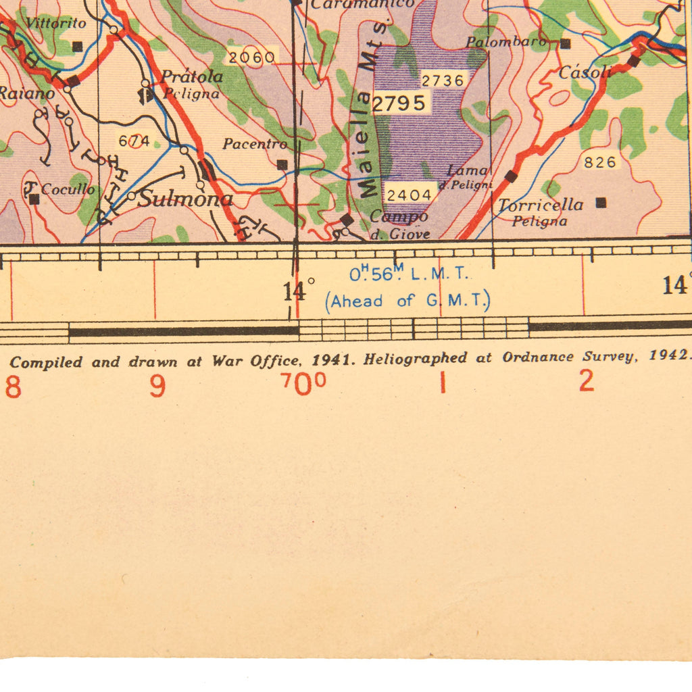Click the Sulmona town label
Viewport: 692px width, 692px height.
[x=186, y=199]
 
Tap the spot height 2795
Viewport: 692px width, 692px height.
[x=399, y=103]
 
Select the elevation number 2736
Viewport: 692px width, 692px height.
[x=443, y=80]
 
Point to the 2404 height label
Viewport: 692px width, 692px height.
[x=408, y=195]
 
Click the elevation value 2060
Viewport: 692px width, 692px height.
[x=251, y=57]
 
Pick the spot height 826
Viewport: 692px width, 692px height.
[x=600, y=162]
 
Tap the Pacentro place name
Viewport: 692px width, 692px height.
[x=255, y=144]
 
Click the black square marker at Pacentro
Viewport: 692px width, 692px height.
[x=282, y=164]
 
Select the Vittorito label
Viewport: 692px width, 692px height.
[x=56, y=24]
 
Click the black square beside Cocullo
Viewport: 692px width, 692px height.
[x=34, y=199]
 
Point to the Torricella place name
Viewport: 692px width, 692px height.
[x=541, y=204]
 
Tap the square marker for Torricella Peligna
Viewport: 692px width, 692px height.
[x=601, y=202]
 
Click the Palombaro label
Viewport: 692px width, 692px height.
[x=506, y=42]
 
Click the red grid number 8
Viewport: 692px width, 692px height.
[x=13, y=387]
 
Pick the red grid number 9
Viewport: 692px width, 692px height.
[x=157, y=387]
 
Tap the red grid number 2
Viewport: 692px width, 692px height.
[x=586, y=382]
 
